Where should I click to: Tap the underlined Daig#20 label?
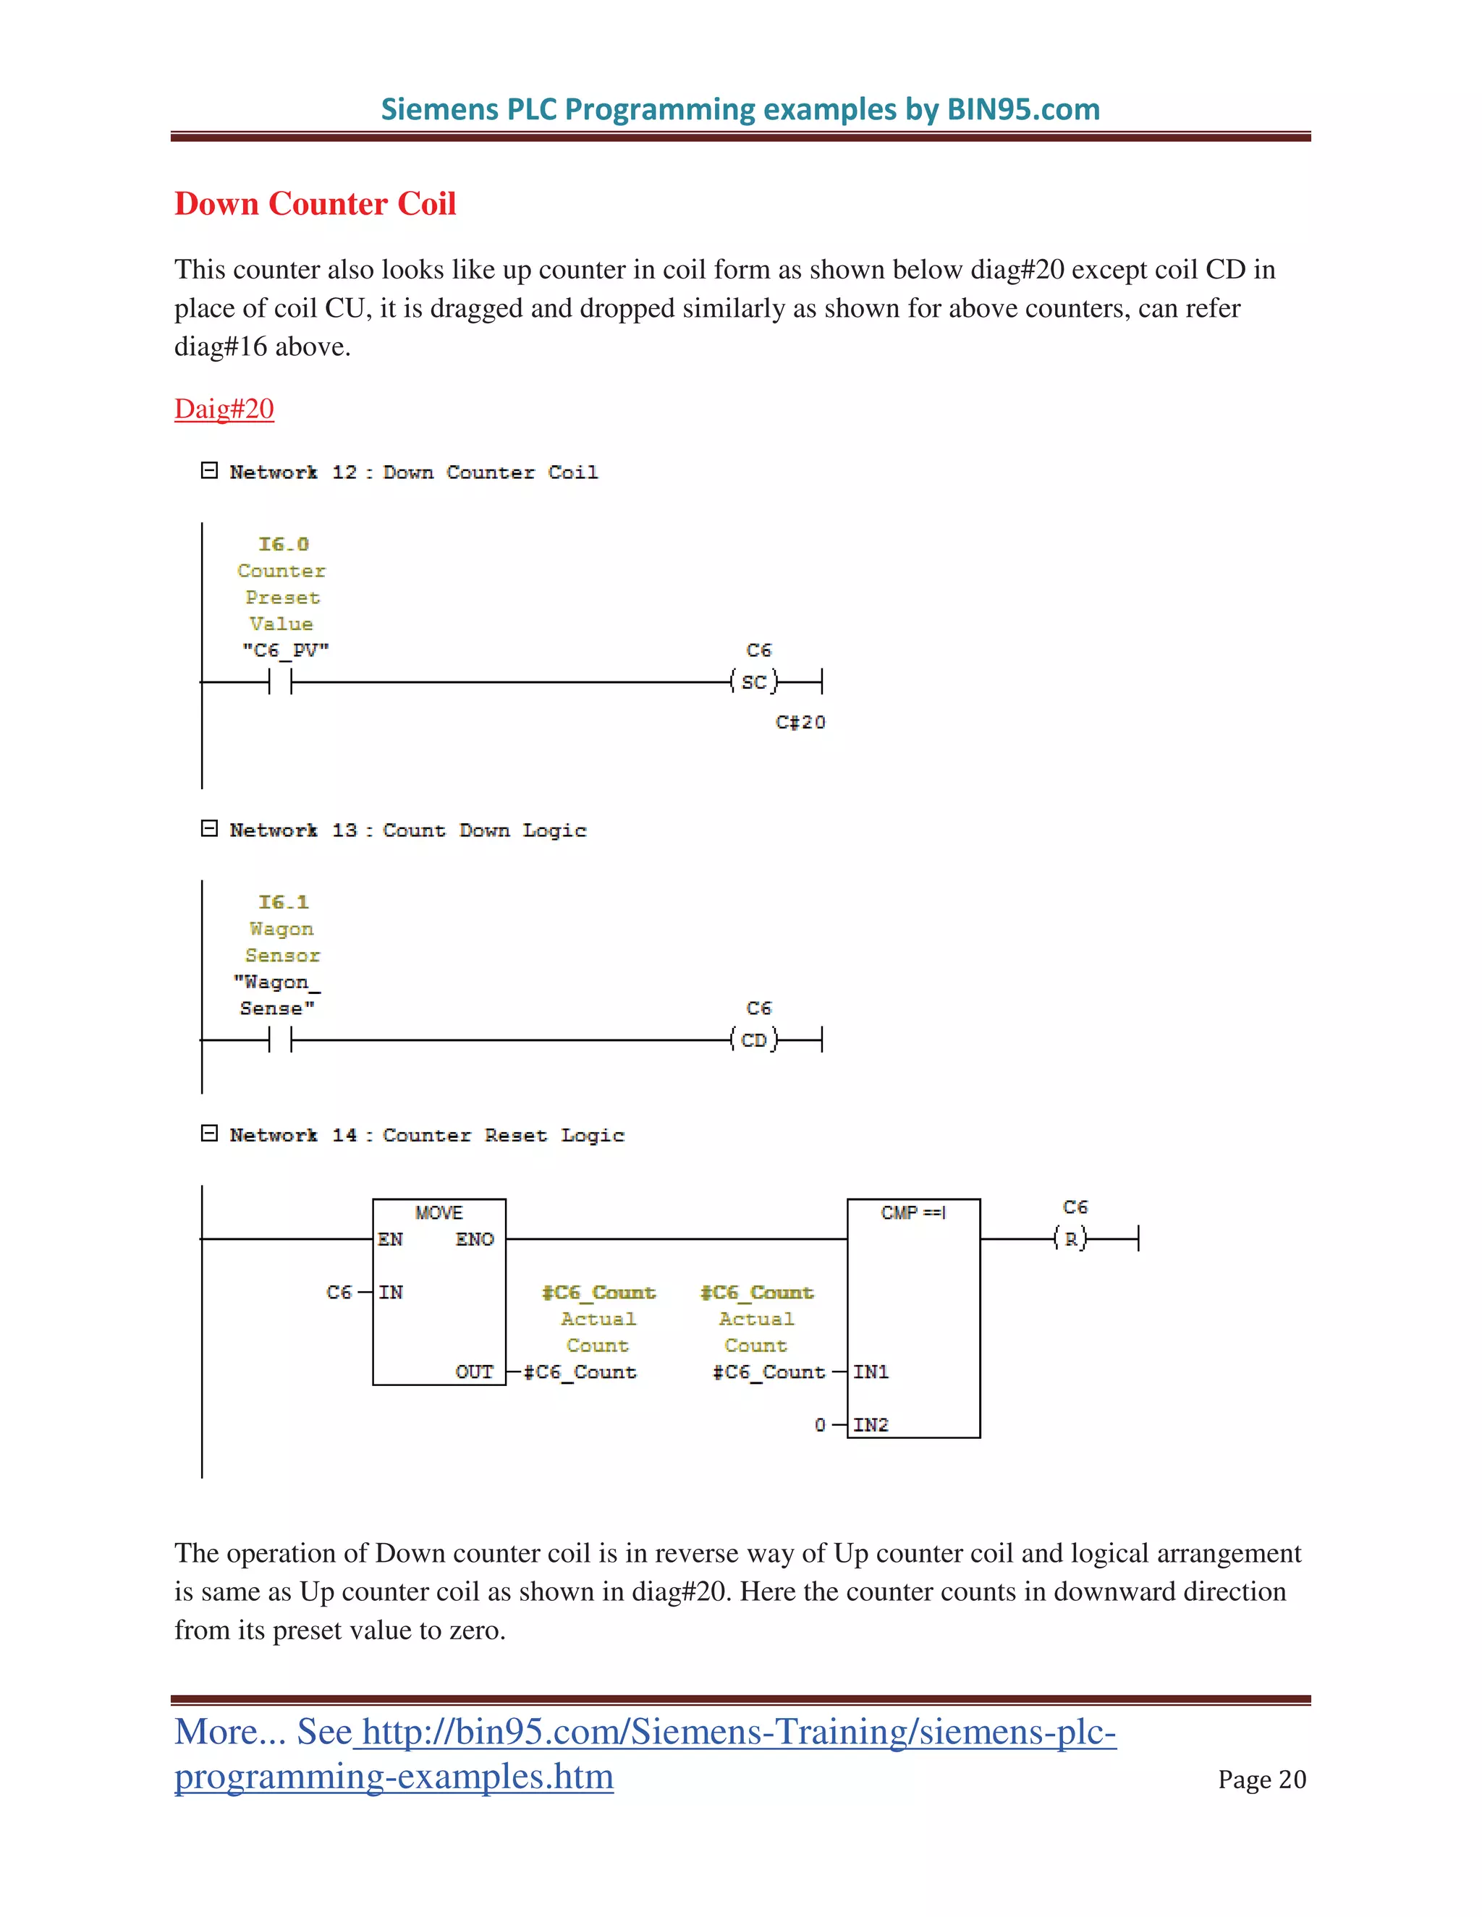[x=224, y=409]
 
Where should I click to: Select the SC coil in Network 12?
[x=754, y=682]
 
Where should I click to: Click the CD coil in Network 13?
[x=754, y=1040]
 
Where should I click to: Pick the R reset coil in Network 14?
[x=1071, y=1239]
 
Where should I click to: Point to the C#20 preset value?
[x=800, y=723]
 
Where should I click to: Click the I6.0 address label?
[x=283, y=544]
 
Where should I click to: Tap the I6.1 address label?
[x=283, y=902]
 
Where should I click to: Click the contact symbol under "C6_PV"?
[x=280, y=682]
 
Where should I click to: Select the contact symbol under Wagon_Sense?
[x=280, y=1040]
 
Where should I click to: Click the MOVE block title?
[x=438, y=1213]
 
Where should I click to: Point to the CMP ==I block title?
[x=913, y=1213]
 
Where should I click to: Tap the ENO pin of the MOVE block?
[x=474, y=1239]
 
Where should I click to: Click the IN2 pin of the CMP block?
[x=870, y=1424]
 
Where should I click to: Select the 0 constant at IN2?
[x=820, y=1424]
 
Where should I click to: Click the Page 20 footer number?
[x=1261, y=1780]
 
